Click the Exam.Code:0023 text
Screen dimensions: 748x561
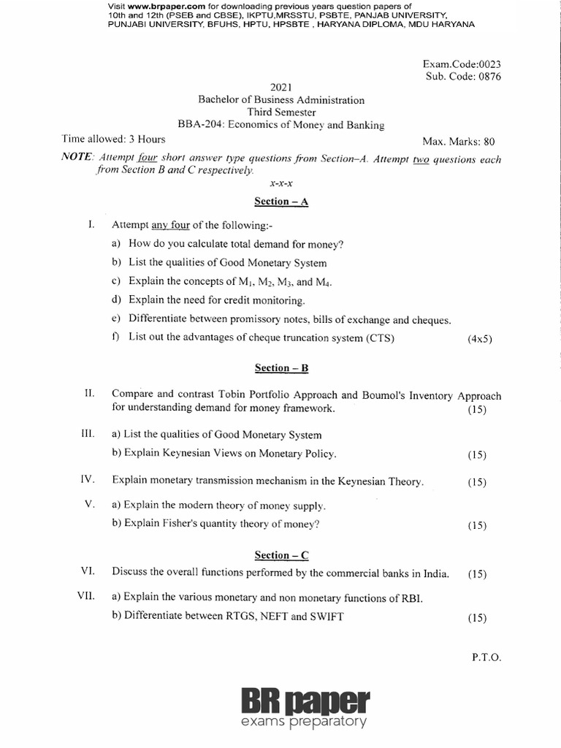[x=464, y=64]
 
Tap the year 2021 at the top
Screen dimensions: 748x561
[x=281, y=87]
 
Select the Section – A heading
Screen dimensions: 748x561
[x=281, y=202]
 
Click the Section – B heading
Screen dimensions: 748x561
[x=281, y=368]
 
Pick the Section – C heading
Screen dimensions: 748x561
[x=281, y=555]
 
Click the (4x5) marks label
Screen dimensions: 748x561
[x=479, y=339]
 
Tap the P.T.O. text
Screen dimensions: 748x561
[x=486, y=657]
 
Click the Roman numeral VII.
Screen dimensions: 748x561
[x=87, y=597]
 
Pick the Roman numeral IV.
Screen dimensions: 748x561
[x=87, y=481]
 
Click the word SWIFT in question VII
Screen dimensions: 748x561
[x=327, y=616]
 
